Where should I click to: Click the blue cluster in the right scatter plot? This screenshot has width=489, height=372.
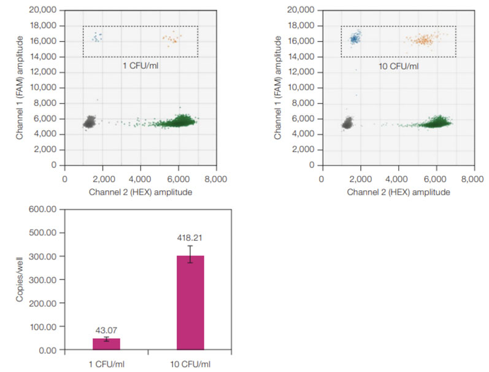tap(354, 39)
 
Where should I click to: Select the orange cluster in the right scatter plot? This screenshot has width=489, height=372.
tap(423, 41)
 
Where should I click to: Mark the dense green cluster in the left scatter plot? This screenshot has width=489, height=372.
tap(179, 122)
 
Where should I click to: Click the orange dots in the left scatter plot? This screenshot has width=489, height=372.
tap(170, 39)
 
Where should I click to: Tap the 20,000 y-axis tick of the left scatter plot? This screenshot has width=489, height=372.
tap(44, 10)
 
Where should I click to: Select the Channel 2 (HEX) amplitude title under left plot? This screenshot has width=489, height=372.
tap(140, 192)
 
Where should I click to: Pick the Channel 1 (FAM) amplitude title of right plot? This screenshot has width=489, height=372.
tap(279, 87)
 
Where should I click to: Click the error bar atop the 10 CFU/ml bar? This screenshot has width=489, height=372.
tap(190, 254)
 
